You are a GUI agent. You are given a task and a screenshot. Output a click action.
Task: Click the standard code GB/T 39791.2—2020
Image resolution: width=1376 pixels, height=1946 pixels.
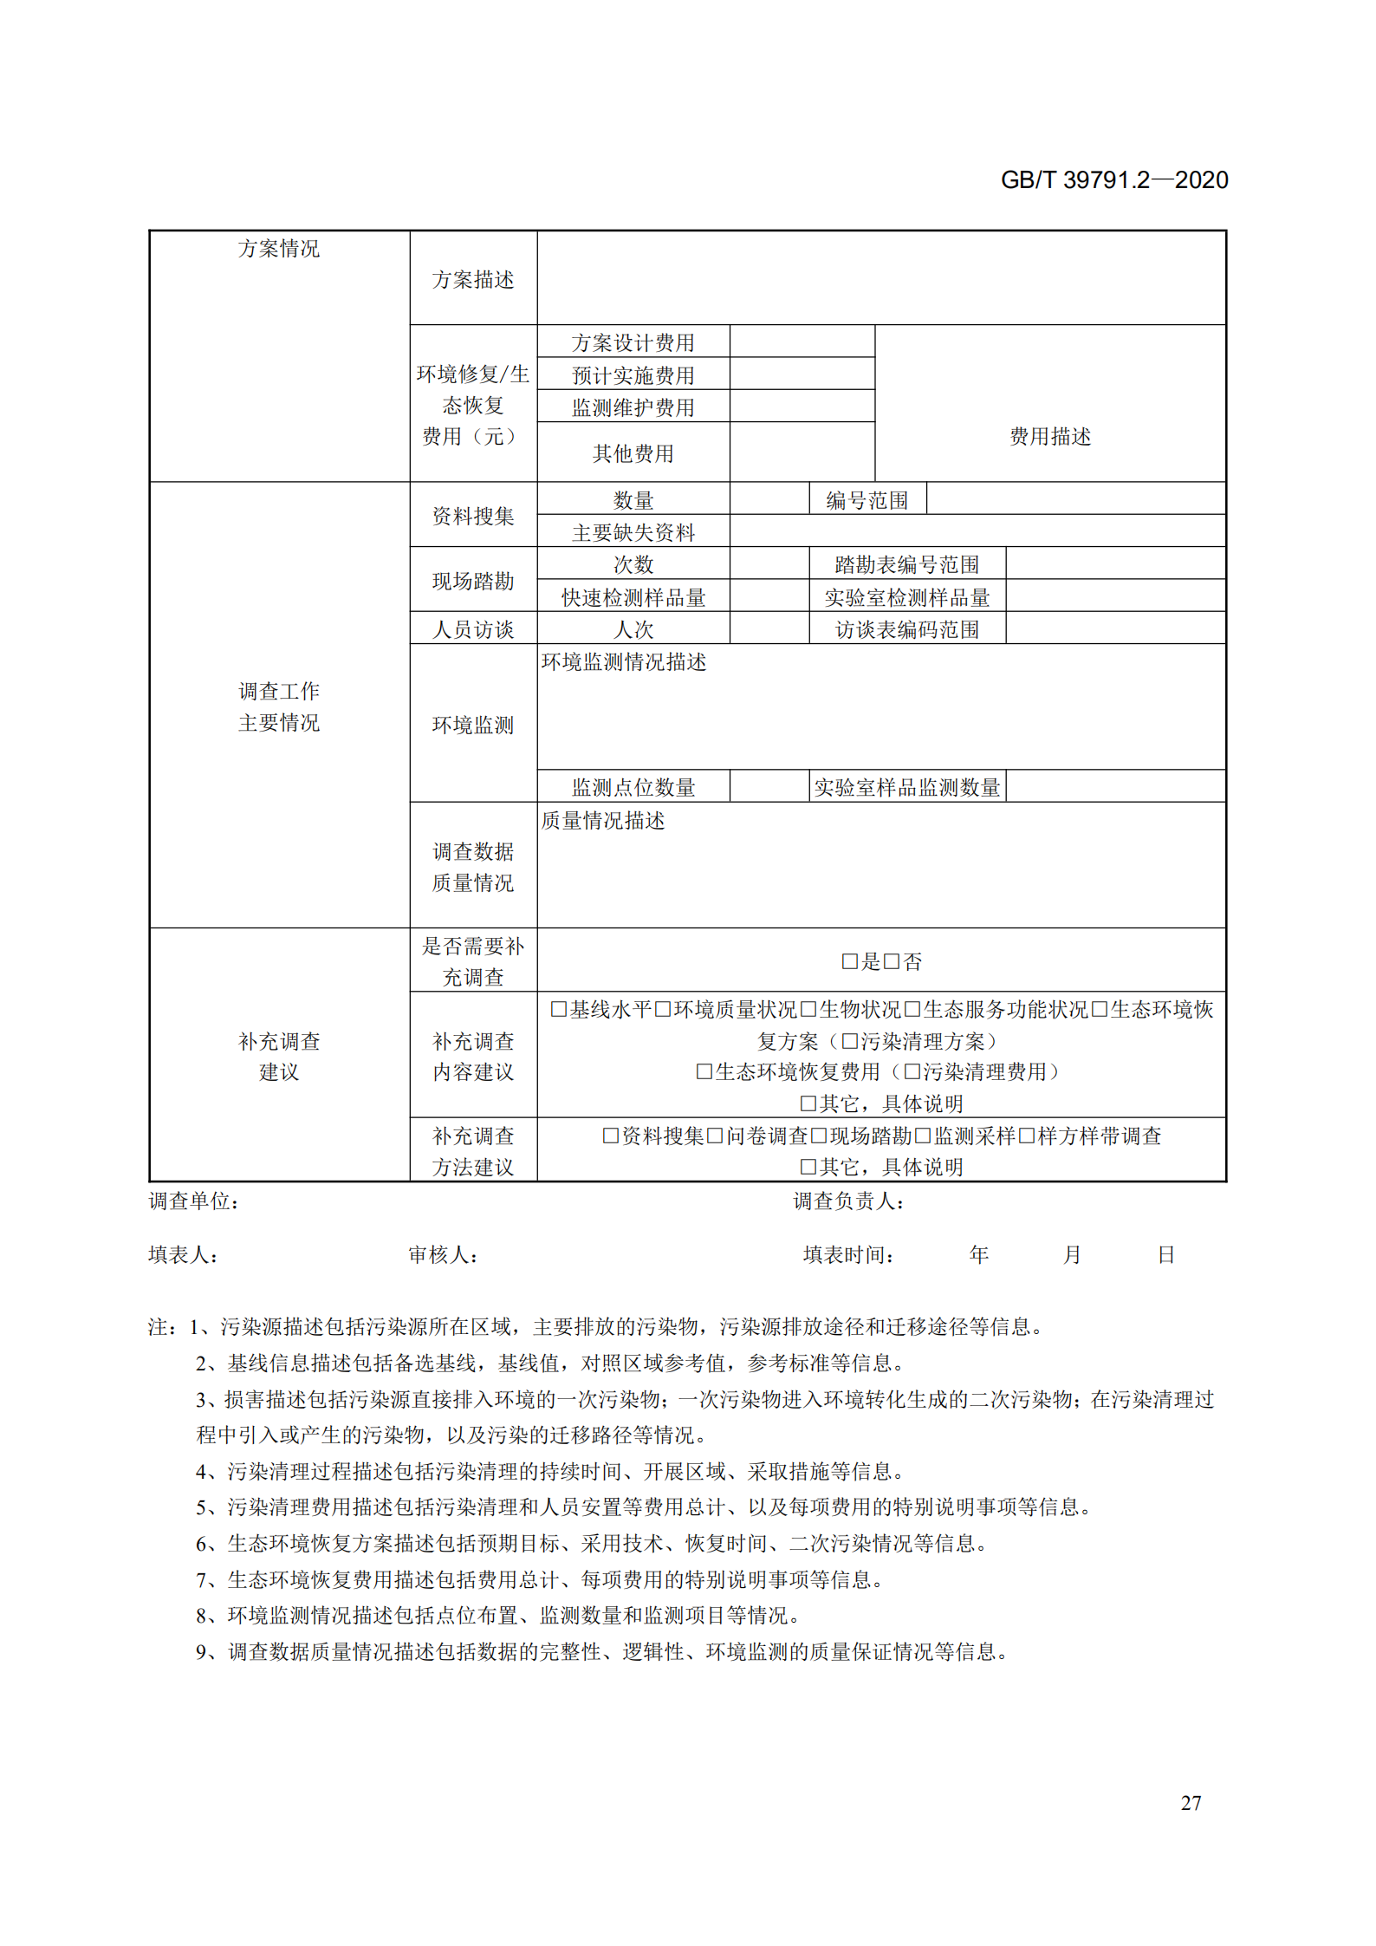1113,179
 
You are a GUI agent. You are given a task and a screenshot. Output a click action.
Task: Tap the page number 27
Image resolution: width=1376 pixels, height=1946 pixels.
1191,1802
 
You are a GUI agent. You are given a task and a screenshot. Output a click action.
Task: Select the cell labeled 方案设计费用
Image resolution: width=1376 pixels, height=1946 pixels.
633,342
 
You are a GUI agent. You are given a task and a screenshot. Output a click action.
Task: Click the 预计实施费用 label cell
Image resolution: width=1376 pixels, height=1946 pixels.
633,375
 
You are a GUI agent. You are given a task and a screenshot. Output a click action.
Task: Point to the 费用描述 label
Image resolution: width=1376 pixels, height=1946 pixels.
1049,436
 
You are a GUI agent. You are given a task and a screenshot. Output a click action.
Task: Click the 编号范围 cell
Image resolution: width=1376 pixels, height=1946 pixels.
866,500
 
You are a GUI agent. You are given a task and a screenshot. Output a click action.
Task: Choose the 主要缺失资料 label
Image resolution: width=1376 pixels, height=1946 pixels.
633,532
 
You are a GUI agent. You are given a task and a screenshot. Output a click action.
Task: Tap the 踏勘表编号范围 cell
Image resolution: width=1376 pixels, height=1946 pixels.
906,564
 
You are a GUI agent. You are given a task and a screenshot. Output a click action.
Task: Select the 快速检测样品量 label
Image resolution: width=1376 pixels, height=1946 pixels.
633,597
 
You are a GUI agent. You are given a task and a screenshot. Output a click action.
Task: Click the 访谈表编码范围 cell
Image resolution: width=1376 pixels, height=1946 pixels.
906,629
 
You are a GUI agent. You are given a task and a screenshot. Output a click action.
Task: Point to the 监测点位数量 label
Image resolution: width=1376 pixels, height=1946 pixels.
633,787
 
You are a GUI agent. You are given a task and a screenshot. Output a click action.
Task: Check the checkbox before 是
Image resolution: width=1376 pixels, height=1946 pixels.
849,961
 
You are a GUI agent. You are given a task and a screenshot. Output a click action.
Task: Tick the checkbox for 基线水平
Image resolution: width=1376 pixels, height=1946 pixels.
559,1009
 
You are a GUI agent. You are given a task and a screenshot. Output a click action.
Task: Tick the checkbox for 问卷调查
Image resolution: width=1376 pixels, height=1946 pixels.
715,1136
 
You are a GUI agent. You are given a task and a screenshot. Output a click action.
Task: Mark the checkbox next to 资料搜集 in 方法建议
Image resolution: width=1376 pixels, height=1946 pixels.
611,1136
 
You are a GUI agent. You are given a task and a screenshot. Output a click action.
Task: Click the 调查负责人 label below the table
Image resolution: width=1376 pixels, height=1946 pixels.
847,1201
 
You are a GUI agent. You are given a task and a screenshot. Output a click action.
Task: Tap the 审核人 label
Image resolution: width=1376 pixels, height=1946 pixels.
442,1254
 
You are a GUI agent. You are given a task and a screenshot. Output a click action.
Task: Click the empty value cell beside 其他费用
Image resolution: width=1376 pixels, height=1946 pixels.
802,452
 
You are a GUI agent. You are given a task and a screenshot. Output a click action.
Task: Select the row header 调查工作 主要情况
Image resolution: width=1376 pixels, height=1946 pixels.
278,706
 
